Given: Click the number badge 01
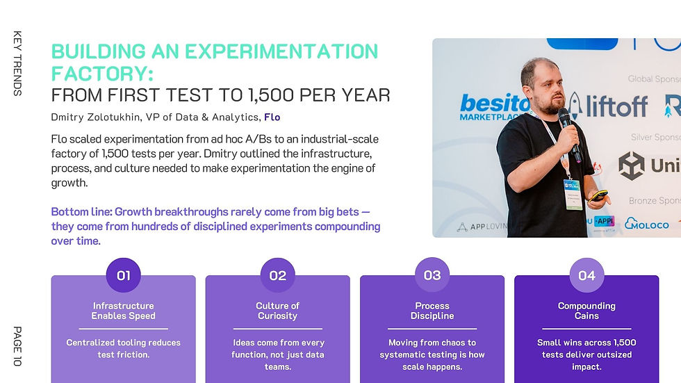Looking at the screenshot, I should [x=123, y=275].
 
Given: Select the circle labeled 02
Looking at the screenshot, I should [x=277, y=275].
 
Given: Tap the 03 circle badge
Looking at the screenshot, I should [x=432, y=275].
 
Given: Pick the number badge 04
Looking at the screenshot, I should [x=586, y=275].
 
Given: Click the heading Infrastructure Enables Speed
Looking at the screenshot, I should [x=123, y=311].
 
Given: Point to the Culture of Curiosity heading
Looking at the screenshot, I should [x=277, y=311].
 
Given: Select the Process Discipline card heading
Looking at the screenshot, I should [x=432, y=311].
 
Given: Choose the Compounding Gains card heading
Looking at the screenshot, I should [x=586, y=311].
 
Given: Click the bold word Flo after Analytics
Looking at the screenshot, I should [x=272, y=117].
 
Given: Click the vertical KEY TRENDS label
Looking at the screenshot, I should [x=17, y=63].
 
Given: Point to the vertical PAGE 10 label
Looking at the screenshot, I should [x=17, y=346].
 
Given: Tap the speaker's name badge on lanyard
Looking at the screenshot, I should [x=572, y=193].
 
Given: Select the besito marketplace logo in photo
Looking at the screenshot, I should [x=490, y=107].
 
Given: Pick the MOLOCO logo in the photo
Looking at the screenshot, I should [x=646, y=224].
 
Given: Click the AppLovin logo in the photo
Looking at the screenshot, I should [x=482, y=227].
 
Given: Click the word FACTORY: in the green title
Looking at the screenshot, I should [x=102, y=73].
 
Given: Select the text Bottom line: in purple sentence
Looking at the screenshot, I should [x=81, y=211].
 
